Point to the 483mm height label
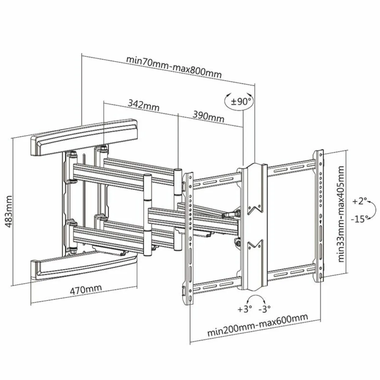[x=9, y=211]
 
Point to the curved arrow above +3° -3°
[x=255, y=299]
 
